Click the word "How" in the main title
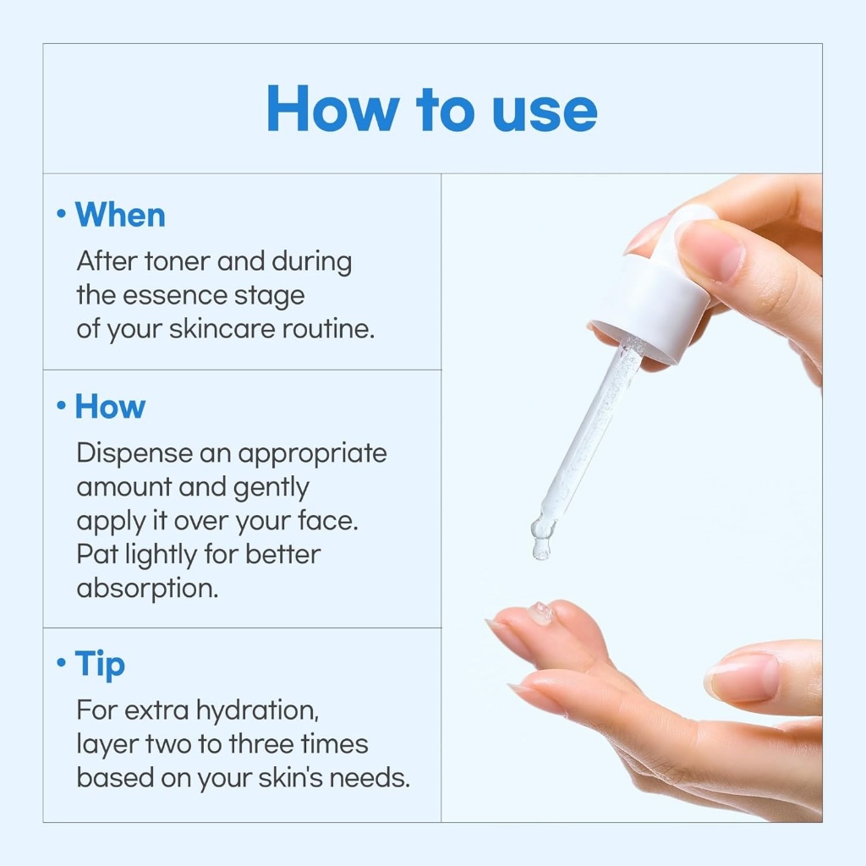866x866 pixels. coord(332,109)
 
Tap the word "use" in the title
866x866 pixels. coord(545,112)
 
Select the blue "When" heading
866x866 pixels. coord(120,214)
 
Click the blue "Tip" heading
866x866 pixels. coord(100,665)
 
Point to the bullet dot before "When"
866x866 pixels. coord(61,213)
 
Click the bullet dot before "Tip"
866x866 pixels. coord(61,661)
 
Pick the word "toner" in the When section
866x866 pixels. coord(177,261)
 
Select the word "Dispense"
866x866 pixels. coord(134,454)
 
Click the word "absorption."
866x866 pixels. coord(147,589)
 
